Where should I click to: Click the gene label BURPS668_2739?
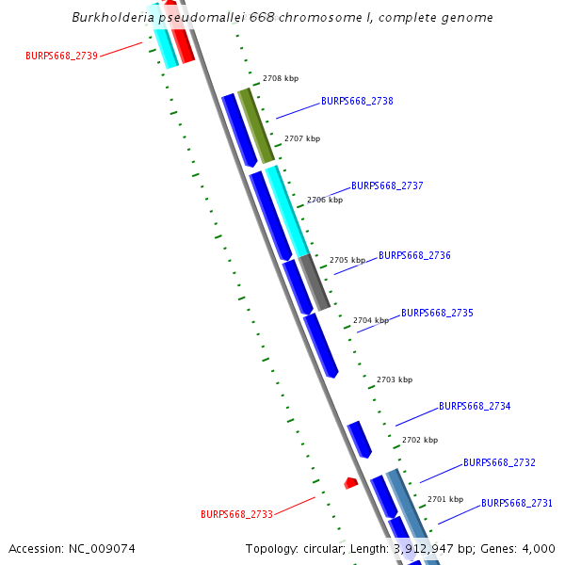coord(61,56)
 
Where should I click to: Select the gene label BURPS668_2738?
coord(357,101)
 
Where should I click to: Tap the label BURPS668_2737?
coord(387,186)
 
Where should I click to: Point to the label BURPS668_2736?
coord(414,255)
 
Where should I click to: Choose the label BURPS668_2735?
coord(437,313)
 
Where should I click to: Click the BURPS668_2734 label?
coord(475,407)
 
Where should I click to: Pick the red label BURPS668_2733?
coord(236,514)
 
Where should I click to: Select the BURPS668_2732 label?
coord(499,463)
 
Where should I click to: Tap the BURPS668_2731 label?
coord(517,504)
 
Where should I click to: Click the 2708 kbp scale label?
coord(280,79)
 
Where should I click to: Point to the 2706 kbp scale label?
coord(324,200)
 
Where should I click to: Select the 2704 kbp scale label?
coord(370,320)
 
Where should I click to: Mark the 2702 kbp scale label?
coord(419,440)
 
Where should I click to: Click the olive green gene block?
coord(256,125)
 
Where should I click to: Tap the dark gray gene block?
coord(315,282)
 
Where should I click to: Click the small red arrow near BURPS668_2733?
coord(350,483)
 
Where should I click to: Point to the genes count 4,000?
coord(537,548)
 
